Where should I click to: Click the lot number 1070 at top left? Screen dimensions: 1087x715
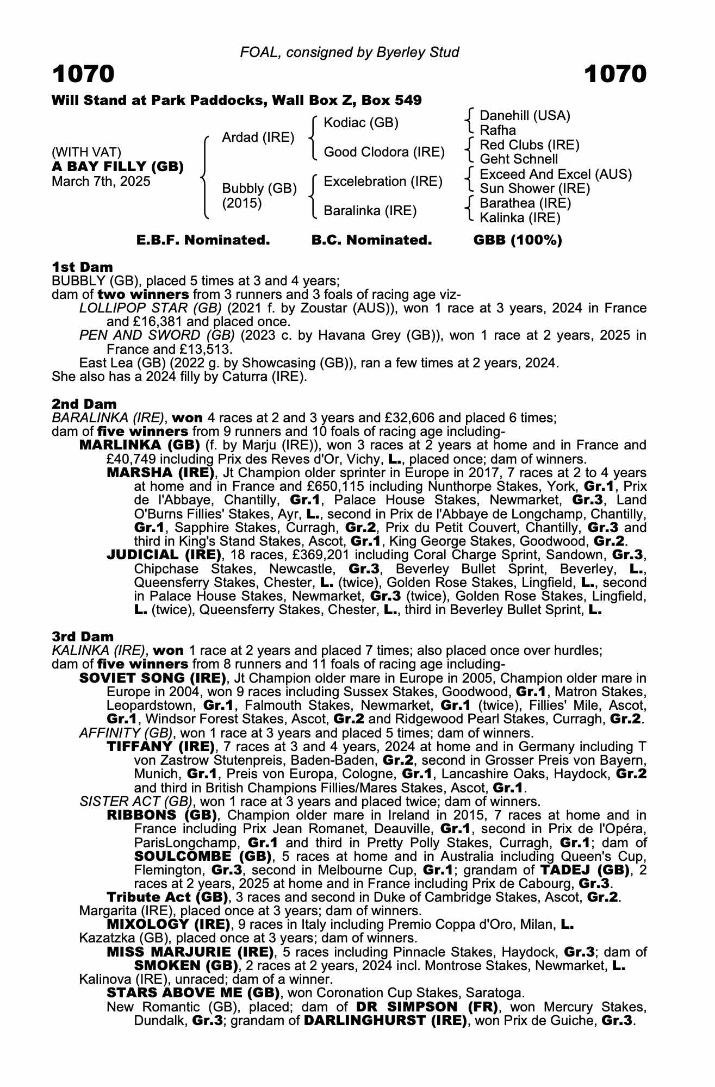(x=83, y=74)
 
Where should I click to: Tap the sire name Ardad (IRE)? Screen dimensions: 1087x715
(x=258, y=138)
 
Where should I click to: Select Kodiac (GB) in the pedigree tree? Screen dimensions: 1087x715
(x=361, y=123)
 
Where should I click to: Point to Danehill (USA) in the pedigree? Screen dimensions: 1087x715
(x=525, y=116)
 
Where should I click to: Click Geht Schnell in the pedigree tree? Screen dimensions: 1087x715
(x=519, y=159)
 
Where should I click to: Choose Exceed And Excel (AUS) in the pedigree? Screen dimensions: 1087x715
(x=556, y=174)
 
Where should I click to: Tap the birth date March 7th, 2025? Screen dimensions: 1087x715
(x=101, y=181)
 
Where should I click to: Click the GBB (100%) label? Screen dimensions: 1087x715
(x=518, y=240)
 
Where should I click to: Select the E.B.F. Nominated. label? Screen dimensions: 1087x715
(x=203, y=240)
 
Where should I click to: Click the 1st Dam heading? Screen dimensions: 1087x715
(x=82, y=267)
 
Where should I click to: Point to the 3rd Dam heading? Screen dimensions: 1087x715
(x=83, y=636)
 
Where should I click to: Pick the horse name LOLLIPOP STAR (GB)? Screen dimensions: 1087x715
(x=150, y=308)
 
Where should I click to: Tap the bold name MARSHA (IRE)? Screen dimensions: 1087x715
(x=159, y=472)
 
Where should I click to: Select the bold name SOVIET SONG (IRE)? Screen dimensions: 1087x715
(x=153, y=678)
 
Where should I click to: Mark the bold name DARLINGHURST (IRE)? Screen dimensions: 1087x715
(x=386, y=1021)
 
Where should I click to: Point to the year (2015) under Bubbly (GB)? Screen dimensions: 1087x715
(x=242, y=203)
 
